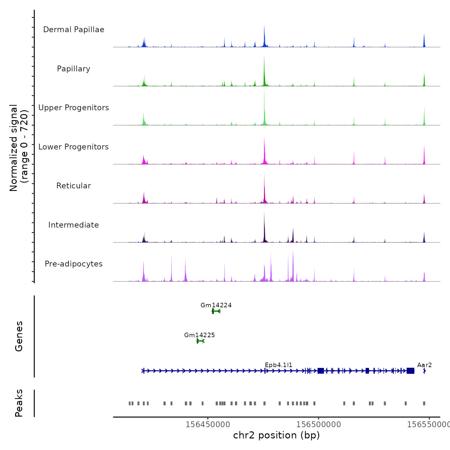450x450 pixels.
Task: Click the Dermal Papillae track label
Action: [74, 30]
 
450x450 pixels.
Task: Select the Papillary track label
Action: [74, 69]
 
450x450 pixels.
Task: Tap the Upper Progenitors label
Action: [74, 108]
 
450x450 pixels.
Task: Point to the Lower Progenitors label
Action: [74, 147]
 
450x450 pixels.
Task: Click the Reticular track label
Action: [74, 186]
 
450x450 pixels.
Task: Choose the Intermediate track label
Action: [74, 225]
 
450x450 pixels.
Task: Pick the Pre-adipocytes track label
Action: [74, 264]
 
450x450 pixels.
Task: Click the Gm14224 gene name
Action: [216, 305]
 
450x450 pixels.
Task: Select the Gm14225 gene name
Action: [200, 335]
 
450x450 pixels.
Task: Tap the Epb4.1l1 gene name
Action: [279, 365]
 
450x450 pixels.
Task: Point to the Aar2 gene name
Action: [424, 365]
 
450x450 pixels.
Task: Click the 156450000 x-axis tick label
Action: [208, 425]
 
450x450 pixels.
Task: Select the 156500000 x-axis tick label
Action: [319, 425]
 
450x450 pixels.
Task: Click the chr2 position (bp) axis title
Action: [276, 435]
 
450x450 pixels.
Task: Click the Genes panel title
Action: [19, 336]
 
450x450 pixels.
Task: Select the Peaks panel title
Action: [19, 403]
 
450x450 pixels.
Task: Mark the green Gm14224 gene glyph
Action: [216, 311]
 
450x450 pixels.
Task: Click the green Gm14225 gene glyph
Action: [200, 341]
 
